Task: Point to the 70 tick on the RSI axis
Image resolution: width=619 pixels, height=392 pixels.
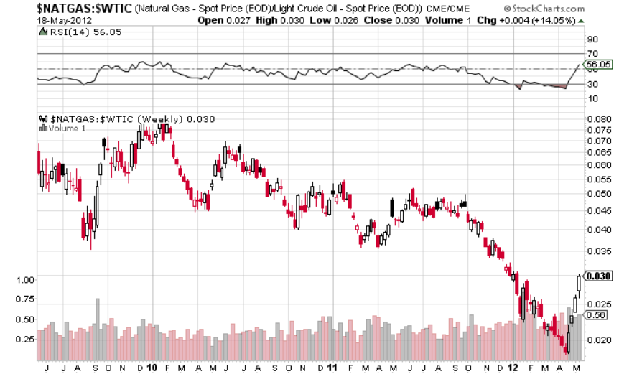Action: [592, 54]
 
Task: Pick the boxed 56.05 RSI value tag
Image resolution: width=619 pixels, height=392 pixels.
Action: [597, 65]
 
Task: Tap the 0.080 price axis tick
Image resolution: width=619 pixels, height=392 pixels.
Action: [598, 120]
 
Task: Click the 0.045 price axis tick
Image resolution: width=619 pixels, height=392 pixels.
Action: [598, 210]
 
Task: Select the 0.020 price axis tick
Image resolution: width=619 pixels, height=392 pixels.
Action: [598, 340]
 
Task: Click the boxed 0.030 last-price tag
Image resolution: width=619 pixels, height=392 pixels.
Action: [597, 276]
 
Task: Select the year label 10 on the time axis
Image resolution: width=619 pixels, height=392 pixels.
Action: [152, 368]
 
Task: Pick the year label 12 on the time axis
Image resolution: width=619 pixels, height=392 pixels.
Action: [512, 368]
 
